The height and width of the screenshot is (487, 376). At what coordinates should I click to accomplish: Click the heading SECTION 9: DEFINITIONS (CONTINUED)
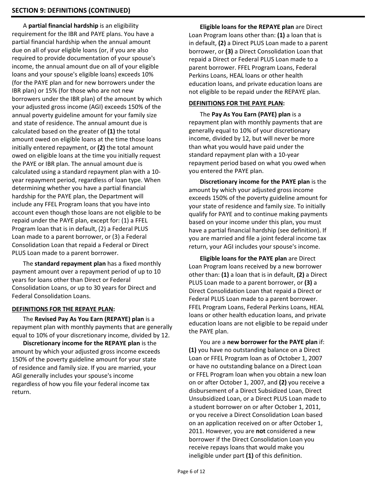tap(71, 10)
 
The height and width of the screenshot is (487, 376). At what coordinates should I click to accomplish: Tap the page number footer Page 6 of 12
tap(191, 471)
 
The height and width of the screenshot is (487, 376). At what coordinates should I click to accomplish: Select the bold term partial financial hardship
tap(63, 26)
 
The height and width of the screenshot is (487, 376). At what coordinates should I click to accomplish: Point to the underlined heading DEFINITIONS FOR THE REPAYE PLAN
tap(63, 309)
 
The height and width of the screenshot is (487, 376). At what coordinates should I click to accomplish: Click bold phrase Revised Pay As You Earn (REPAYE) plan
tap(89, 319)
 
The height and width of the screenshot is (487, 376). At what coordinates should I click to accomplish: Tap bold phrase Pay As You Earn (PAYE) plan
tap(251, 114)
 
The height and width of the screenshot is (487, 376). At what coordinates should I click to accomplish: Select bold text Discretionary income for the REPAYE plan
tap(81, 343)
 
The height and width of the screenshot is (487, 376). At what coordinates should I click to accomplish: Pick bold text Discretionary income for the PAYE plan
tap(254, 182)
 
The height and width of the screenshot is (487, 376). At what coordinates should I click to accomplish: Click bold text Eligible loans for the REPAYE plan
tap(247, 27)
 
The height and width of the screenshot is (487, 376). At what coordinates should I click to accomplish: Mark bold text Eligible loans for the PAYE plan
tap(243, 259)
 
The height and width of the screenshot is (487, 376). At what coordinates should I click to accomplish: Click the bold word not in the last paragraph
tap(260, 431)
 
